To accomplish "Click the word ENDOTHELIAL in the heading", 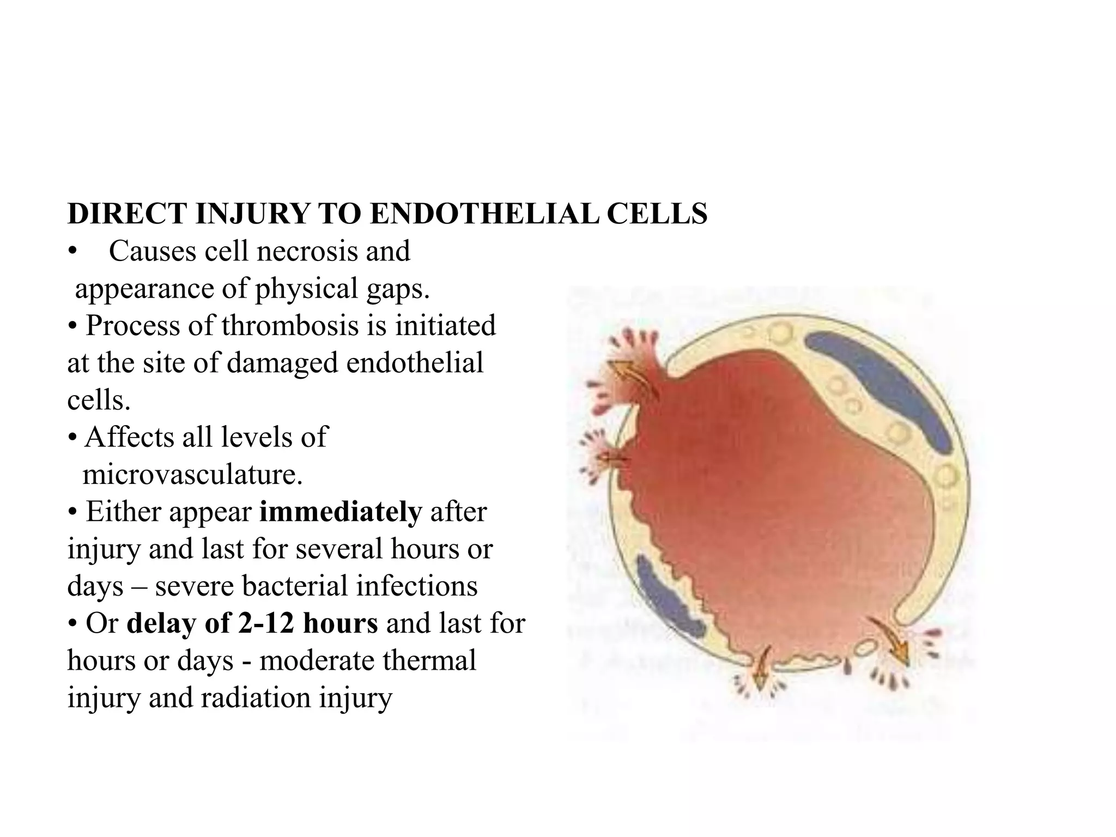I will point(484,214).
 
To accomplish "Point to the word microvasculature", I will point(192,475).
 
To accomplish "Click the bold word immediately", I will point(341,512).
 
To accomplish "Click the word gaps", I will point(397,289).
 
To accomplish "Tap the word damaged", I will point(282,363).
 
